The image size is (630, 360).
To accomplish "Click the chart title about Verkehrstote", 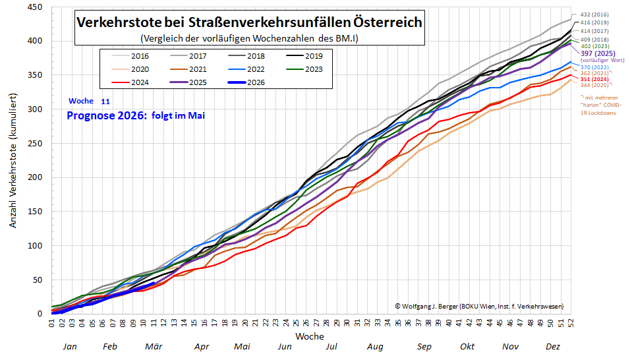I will [249, 22].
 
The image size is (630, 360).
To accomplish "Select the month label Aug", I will [375, 346].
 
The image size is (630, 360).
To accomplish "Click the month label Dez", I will [552, 346].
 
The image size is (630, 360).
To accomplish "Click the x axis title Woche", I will [309, 336].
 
